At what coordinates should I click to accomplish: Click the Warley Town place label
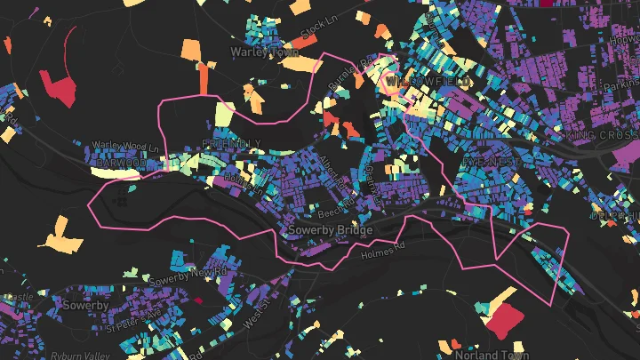[265, 52]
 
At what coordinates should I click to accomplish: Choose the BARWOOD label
[120, 164]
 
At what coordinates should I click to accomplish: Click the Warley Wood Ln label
[130, 148]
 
